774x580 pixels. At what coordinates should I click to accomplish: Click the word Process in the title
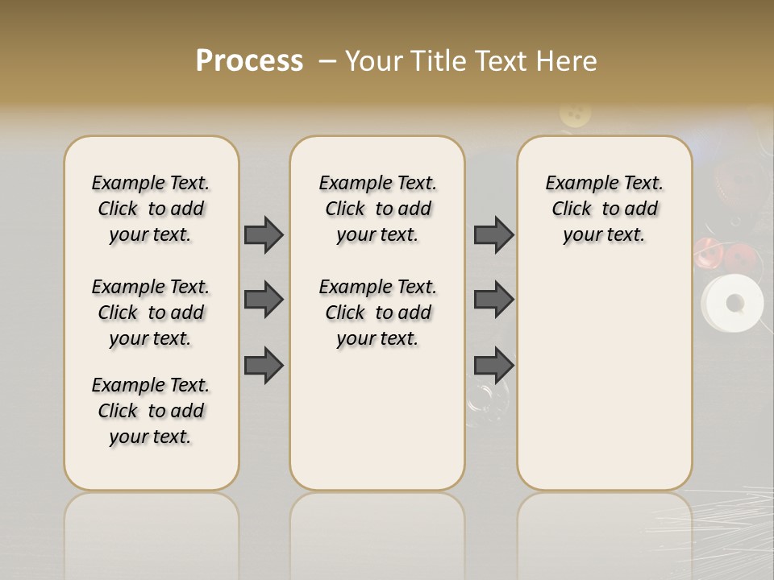249,61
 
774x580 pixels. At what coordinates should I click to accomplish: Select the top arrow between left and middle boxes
264,234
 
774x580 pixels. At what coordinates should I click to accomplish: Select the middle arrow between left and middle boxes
264,300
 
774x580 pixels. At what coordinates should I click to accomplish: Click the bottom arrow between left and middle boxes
264,366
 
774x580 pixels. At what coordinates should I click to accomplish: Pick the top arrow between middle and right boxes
493,234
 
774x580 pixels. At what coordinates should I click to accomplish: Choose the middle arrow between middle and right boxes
493,300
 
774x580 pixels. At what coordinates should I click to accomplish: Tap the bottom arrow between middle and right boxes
493,366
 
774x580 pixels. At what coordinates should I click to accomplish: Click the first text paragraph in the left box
151,209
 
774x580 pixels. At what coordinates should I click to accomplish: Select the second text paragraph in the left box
151,313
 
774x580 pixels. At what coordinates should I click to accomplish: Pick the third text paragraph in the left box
151,411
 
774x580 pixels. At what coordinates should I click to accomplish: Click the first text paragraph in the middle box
377,209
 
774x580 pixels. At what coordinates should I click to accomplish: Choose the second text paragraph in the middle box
377,313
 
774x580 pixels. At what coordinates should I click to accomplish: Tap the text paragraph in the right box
604,209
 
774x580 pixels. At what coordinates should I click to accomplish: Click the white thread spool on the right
730,304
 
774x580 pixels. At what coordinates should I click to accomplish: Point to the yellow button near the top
575,114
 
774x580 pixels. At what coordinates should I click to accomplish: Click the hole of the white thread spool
734,303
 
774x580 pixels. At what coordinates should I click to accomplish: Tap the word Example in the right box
576,184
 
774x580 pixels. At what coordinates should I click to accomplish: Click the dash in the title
327,61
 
